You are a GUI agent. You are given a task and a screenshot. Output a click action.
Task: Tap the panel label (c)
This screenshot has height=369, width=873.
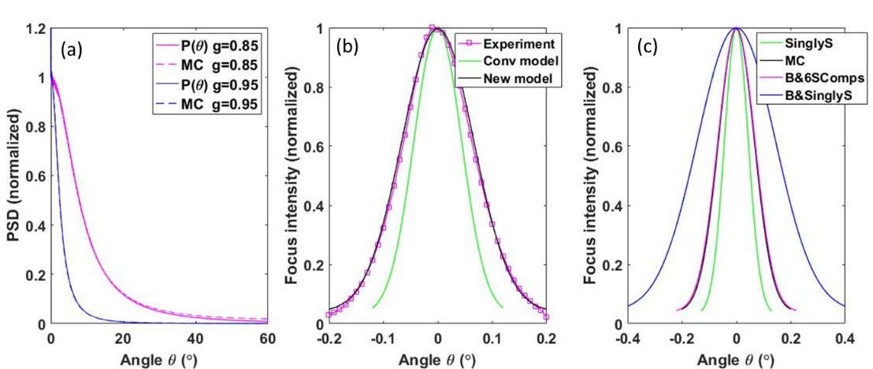pos(649,47)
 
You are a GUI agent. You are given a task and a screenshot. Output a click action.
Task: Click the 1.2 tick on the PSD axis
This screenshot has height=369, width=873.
pos(35,28)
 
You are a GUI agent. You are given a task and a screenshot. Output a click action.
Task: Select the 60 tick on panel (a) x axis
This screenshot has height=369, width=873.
pos(267,337)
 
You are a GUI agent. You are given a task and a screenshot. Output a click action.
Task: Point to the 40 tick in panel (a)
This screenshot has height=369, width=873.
pos(195,337)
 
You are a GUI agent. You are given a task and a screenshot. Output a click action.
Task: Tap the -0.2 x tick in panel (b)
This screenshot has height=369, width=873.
pos(328,337)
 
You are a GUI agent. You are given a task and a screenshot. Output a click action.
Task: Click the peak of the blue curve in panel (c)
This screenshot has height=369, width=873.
pos(736,28)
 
